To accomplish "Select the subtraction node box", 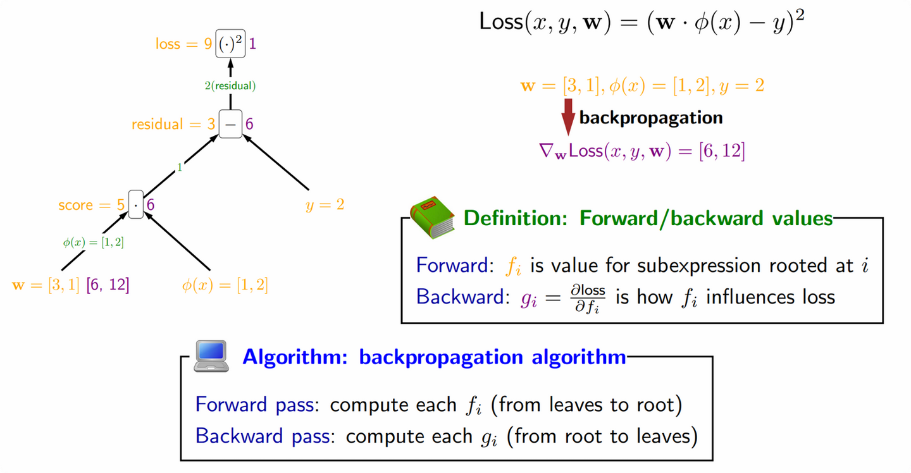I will pos(230,124).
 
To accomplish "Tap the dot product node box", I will pos(135,205).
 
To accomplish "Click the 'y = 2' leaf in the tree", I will pos(325,205).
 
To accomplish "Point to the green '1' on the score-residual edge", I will pos(180,168).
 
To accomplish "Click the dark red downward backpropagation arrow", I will pos(568,116).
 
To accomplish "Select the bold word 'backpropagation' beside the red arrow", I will pos(651,118).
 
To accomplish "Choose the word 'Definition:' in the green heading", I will pos(517,218).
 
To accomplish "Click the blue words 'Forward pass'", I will pos(254,405).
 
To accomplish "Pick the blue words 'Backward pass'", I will pos(263,436).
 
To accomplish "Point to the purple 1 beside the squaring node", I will pos(252,44).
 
